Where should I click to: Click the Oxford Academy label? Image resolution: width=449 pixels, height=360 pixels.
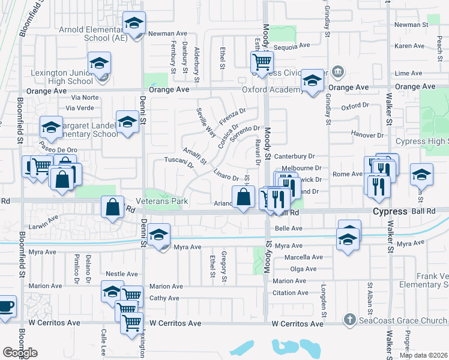272,90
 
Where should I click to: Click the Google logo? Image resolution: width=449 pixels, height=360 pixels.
20,353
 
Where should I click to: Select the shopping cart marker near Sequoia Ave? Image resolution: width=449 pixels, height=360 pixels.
262,61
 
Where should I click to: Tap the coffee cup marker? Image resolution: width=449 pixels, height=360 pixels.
6,306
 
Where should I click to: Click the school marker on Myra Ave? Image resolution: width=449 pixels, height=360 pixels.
159,235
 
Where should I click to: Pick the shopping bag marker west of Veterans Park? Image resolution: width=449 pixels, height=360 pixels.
112,208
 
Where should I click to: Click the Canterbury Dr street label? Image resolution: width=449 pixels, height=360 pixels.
295,157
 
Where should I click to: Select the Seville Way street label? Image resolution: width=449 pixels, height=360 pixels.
206,123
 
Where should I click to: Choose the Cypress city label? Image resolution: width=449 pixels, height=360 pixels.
390,212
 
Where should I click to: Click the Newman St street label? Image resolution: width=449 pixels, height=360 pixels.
411,25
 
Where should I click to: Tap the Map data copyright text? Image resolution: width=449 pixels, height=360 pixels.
423,355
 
